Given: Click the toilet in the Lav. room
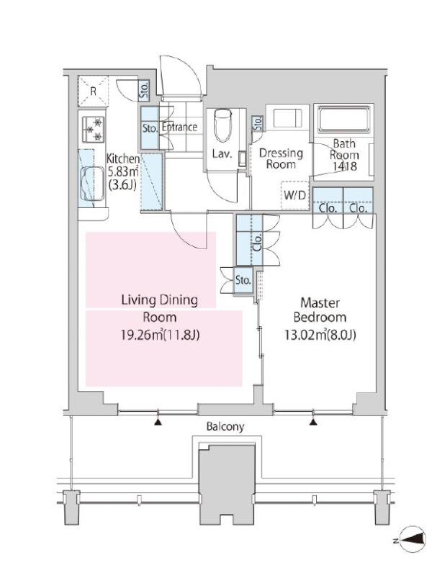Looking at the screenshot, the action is coord(222,125).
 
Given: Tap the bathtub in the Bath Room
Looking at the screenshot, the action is coord(344,119).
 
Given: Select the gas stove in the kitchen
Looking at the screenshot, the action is coord(94,130).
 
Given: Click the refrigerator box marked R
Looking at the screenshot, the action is coord(94,91).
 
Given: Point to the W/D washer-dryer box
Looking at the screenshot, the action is coord(295,195).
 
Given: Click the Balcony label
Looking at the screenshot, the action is coord(225,427).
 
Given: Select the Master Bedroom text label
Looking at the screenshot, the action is coord(320,310).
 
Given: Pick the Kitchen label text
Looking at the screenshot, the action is coord(123,159).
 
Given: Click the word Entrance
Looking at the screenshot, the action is coord(179,127).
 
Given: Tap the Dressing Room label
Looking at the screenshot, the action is coord(281,158).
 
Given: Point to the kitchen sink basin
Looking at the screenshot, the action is coord(92,184).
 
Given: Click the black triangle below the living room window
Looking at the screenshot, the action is coord(158,422).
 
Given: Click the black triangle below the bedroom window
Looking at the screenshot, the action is coord(313,422).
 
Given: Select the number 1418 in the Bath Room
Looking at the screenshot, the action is coord(345,166).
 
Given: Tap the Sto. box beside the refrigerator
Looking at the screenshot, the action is coord(144,90).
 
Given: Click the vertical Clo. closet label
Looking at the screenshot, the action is coord(257,242).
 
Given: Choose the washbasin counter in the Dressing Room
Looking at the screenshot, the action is coord(288,117).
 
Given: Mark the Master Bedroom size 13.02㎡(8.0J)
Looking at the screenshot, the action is coord(320,335).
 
